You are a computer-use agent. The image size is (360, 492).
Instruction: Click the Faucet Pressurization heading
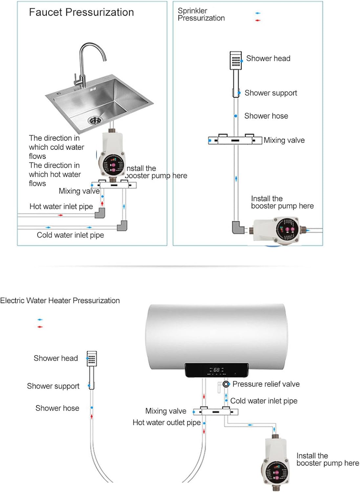pos(81,12)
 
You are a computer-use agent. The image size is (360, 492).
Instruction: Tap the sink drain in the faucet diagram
pos(95,120)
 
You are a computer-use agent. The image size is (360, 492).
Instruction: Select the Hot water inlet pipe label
pos(61,207)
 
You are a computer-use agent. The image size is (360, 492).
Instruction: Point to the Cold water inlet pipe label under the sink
pos(70,235)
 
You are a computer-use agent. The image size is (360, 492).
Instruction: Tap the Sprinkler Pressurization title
pos(201,14)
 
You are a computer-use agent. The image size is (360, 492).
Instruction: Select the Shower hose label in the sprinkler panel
pos(266,116)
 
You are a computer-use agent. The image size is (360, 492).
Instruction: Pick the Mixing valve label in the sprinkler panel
pos(284,140)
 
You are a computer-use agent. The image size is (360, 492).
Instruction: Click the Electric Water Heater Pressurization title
pos(60,301)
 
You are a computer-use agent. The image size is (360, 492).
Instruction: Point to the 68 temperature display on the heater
pos(216,370)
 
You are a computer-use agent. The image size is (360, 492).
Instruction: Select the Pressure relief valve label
pos(266,384)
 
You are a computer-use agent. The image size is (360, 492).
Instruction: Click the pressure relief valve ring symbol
pos(226,384)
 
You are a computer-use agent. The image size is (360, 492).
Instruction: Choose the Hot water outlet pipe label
pos(166,423)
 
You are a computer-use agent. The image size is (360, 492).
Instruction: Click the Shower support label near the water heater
pos(53,386)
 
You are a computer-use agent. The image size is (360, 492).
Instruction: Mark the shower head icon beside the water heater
pos(92,359)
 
